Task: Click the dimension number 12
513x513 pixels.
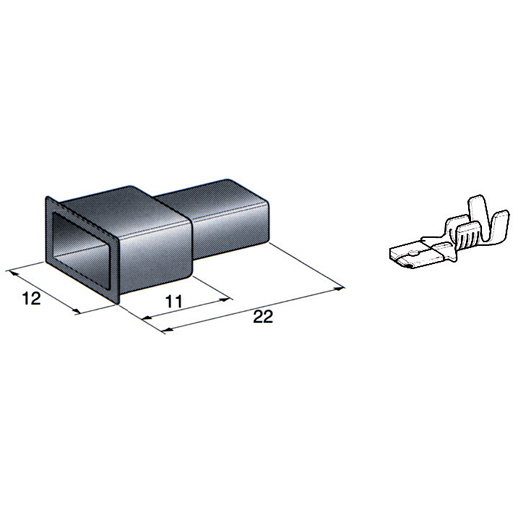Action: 29,299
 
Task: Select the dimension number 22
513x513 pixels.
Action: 263,318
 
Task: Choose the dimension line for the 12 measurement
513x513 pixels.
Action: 46,290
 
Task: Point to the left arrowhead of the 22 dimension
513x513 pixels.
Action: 146,320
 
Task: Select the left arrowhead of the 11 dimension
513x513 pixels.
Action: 146,320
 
